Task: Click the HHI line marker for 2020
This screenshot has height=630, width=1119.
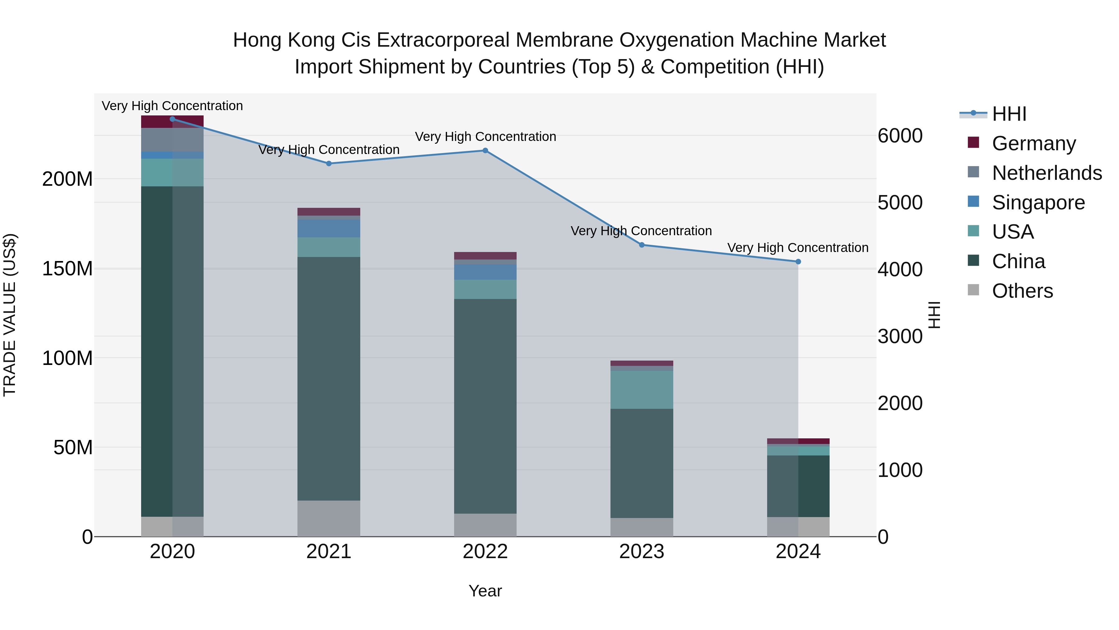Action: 173,119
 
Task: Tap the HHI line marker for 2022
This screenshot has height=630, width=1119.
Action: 485,151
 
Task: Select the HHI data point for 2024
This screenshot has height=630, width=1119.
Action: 798,261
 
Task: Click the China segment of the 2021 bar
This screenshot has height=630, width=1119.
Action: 329,378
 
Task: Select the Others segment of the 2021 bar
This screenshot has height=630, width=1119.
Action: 329,518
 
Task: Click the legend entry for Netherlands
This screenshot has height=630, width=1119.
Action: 1047,173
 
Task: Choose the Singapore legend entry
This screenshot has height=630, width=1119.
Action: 1038,203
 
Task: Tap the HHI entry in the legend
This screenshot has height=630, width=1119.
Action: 1009,114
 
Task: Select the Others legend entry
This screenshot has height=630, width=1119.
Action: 1022,291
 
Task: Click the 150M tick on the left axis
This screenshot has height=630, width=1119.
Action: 67,269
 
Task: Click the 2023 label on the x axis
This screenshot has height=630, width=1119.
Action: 642,552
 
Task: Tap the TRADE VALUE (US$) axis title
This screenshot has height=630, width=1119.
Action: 10,315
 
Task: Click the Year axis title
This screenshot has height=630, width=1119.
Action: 485,591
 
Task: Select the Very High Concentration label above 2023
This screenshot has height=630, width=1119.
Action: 641,231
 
